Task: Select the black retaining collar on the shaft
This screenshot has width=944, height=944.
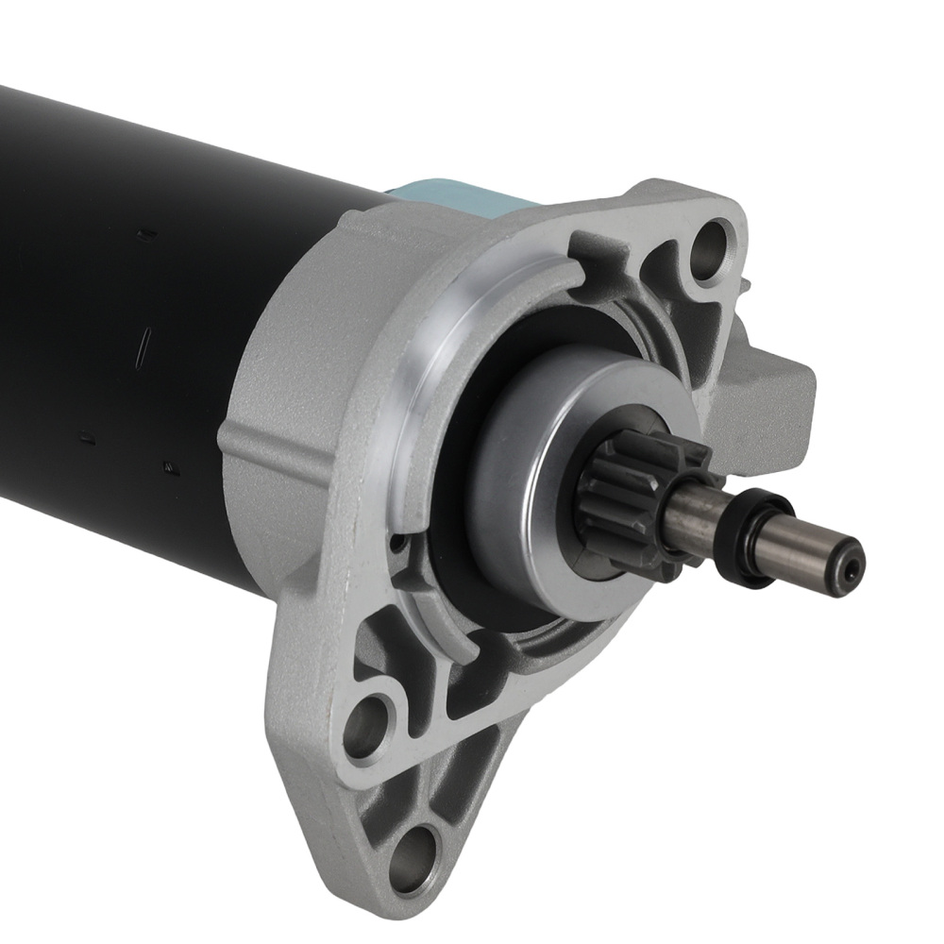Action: [755, 540]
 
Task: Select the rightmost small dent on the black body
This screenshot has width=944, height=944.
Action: [171, 465]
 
